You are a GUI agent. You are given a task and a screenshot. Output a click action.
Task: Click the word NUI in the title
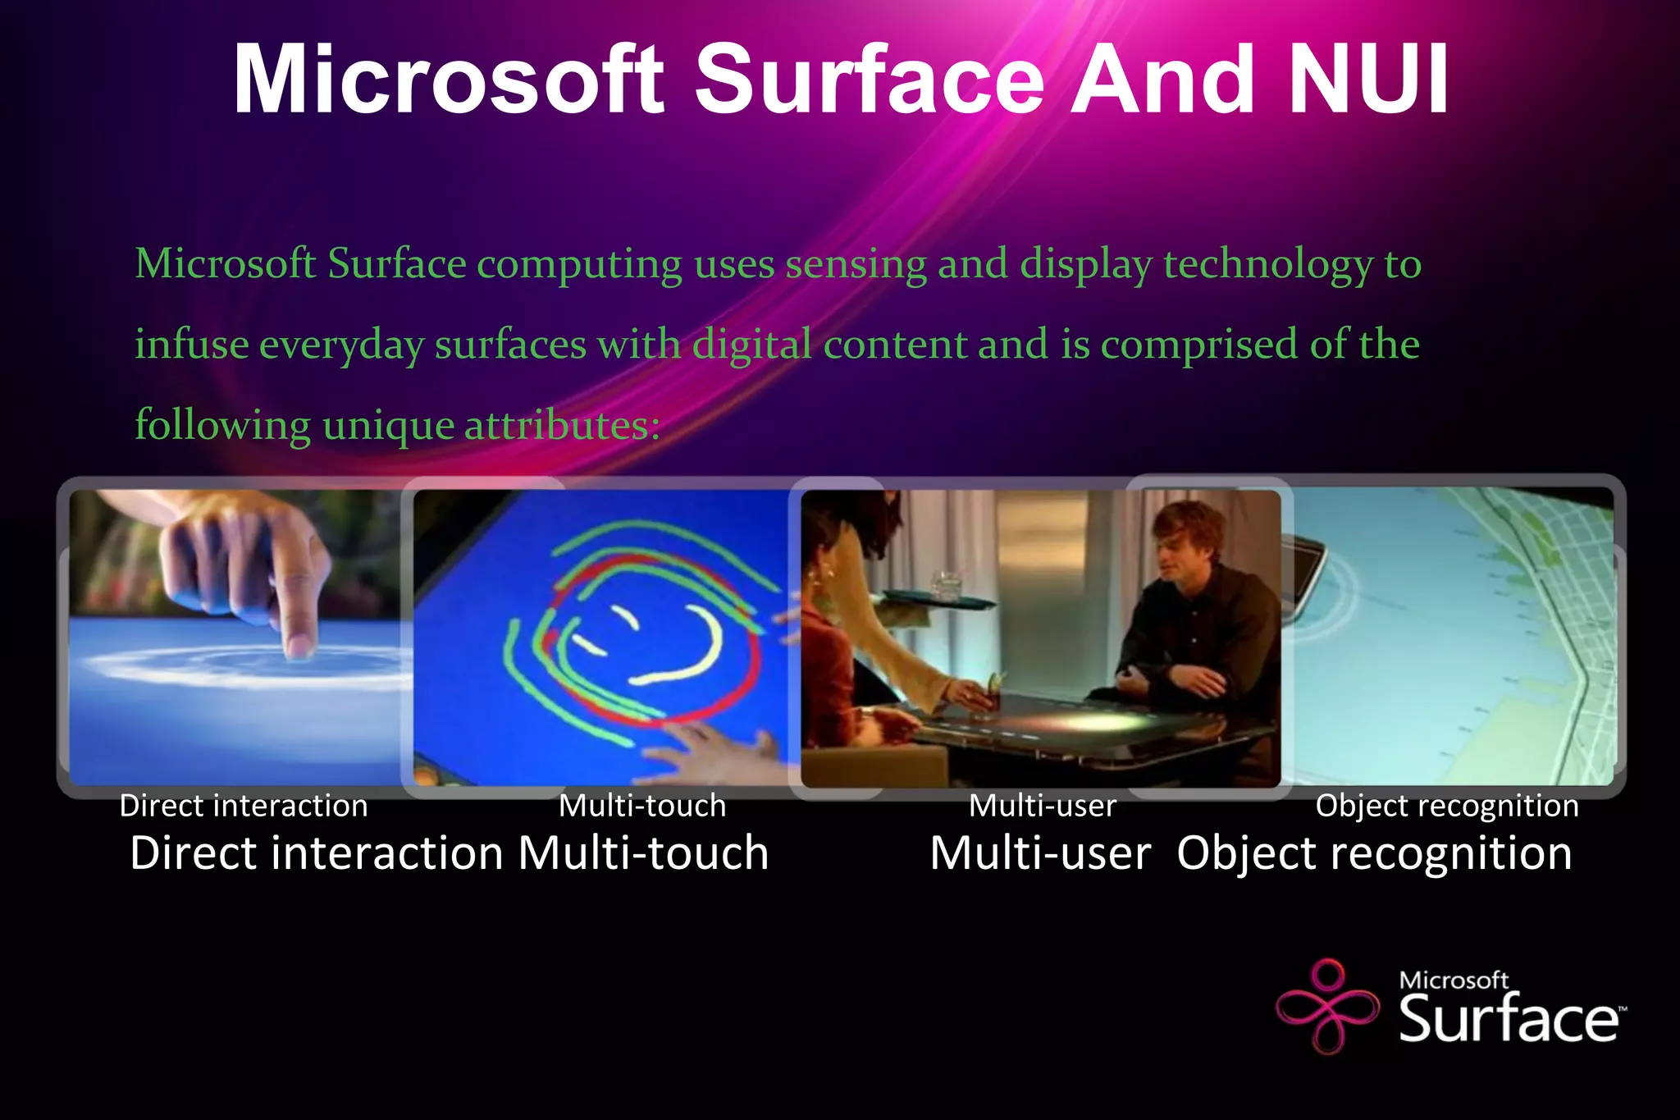click(1368, 80)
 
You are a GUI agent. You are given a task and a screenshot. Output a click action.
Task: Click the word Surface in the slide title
click(870, 80)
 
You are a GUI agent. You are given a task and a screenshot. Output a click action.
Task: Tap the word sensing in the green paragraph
click(856, 264)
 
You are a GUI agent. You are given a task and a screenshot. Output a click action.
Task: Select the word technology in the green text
click(1267, 264)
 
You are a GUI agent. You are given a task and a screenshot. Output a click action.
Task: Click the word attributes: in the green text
click(562, 425)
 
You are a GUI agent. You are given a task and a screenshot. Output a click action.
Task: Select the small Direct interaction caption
click(244, 806)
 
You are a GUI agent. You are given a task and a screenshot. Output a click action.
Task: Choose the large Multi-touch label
click(644, 853)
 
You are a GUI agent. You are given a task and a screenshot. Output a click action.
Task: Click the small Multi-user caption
click(1043, 806)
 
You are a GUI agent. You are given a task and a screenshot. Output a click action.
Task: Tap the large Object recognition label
click(1374, 853)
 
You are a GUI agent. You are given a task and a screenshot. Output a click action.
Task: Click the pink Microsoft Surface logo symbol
click(1326, 1006)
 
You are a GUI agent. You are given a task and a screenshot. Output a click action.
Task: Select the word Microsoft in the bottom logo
click(1454, 980)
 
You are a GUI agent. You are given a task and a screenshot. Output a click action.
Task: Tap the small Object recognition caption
click(1447, 806)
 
